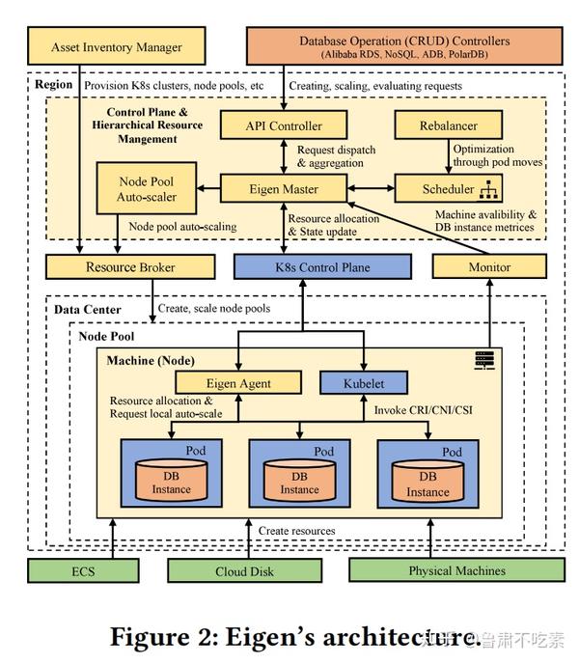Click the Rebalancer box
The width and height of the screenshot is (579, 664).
point(449,125)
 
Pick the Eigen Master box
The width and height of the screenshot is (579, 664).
point(283,188)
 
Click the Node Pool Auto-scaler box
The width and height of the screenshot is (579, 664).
point(146,189)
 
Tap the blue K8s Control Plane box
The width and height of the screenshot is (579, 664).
point(303,266)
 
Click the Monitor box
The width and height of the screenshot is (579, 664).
point(488,266)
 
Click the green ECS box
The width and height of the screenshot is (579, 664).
point(83,570)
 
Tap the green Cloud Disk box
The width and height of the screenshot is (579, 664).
point(244,570)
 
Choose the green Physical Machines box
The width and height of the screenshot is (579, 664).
point(443,570)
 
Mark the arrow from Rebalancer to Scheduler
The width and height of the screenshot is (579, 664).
point(449,156)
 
